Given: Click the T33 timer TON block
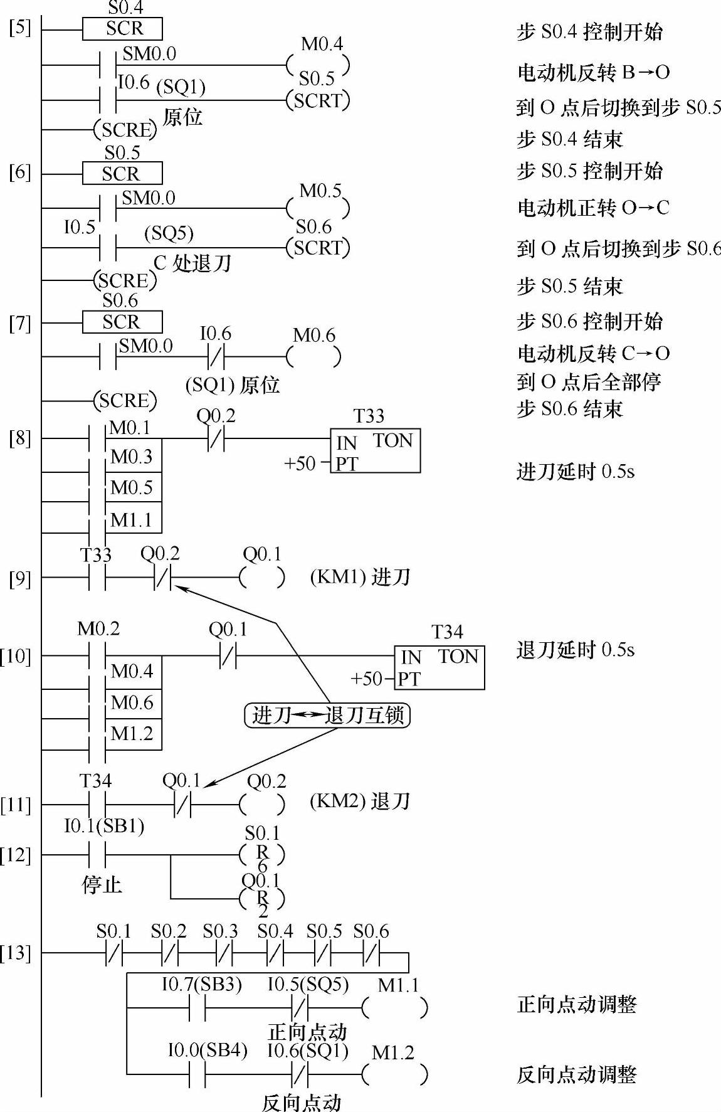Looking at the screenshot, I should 375,450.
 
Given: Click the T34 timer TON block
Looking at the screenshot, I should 439,667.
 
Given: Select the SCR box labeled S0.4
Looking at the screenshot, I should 122,29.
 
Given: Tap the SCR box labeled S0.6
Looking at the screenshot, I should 122,322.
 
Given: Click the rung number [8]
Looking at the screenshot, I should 19,437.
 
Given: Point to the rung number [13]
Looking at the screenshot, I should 16,953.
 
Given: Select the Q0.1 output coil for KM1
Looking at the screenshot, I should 262,577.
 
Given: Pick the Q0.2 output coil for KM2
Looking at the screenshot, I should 262,804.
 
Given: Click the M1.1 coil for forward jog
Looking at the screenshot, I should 395,1008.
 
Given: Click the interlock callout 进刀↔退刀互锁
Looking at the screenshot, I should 327,715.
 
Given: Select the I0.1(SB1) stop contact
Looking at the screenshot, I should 97,854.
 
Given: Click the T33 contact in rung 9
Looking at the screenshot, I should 97,577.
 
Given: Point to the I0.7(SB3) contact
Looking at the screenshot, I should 197,1008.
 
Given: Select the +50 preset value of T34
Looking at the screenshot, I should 367,679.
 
